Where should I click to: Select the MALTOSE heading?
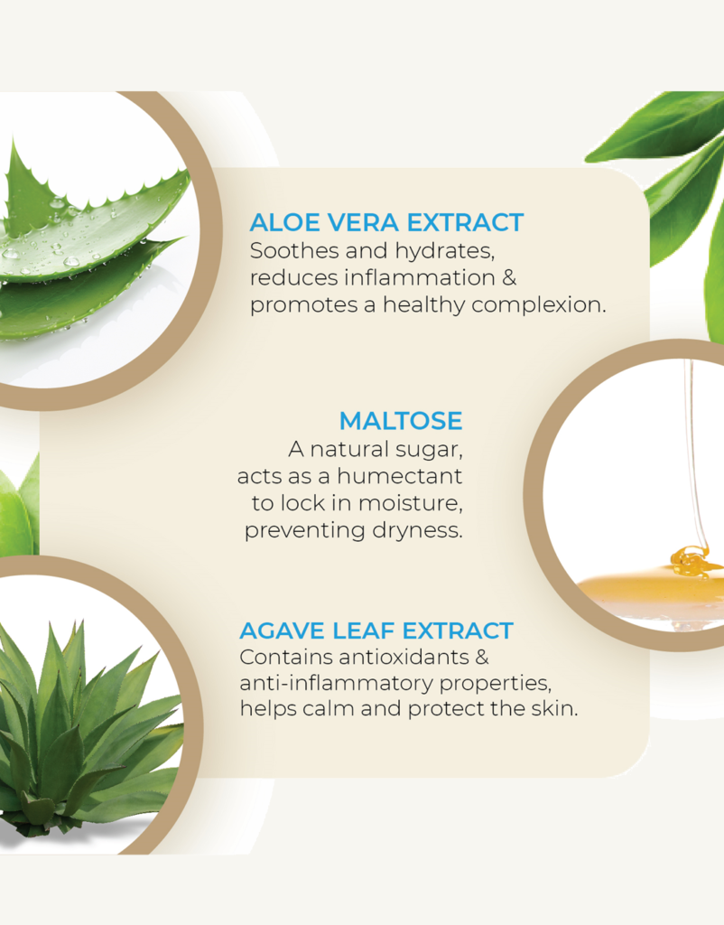[401, 421]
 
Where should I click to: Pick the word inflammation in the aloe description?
[420, 278]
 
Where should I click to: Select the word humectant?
[400, 476]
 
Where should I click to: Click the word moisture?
[411, 503]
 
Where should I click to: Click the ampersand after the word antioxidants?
[482, 658]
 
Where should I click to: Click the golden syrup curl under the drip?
[690, 561]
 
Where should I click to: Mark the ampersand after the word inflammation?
[509, 278]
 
